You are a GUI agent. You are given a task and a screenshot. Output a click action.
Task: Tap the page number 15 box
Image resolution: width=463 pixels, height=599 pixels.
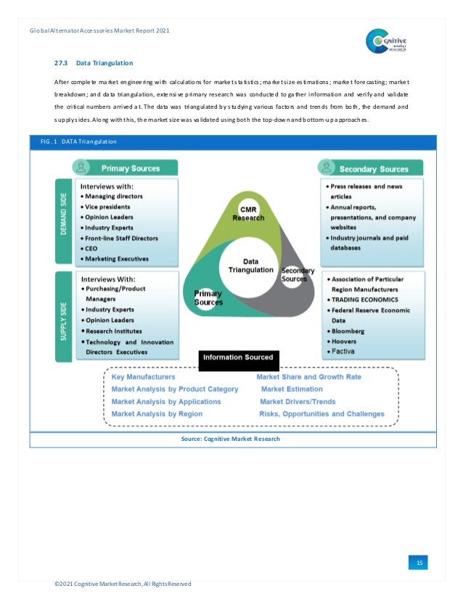click(419, 563)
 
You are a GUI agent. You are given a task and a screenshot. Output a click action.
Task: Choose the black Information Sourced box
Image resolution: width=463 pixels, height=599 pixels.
click(238, 357)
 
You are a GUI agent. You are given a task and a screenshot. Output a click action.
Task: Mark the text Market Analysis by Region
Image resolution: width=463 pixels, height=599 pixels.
click(157, 414)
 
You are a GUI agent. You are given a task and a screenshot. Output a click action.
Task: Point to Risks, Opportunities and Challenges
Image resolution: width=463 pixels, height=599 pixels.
click(321, 414)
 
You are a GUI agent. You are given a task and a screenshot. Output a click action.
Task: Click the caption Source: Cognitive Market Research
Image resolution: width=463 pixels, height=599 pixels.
click(230, 439)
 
